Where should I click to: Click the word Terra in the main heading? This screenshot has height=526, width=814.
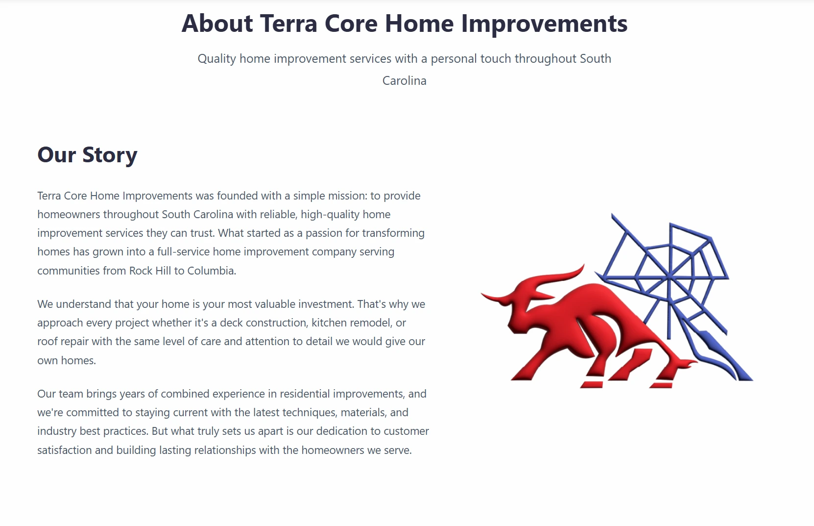(x=288, y=24)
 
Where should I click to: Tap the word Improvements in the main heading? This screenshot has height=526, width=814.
(x=544, y=24)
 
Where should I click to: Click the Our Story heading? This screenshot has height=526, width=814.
(x=87, y=155)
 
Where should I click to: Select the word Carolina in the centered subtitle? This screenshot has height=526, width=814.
(x=404, y=81)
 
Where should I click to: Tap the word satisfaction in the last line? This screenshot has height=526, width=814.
(x=64, y=451)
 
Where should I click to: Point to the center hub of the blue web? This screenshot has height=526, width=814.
(x=669, y=278)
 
